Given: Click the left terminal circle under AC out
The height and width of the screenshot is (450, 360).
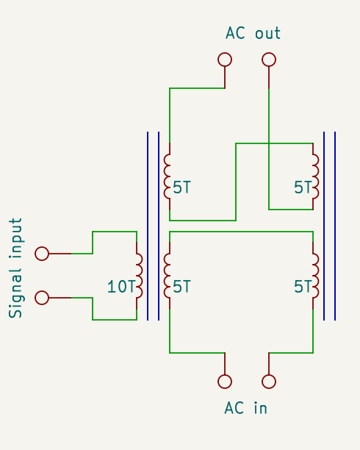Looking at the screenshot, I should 225,60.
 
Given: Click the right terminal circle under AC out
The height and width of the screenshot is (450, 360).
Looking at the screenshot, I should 269,60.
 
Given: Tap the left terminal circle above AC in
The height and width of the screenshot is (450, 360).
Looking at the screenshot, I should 225,381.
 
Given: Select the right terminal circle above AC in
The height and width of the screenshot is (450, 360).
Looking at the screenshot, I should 269,381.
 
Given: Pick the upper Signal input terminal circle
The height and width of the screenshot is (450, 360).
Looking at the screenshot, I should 42,254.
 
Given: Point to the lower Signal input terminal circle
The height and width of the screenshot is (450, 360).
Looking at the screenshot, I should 42,298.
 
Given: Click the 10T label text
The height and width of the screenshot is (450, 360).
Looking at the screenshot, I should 121,287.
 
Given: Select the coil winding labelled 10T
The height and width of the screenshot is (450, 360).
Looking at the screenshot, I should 138,276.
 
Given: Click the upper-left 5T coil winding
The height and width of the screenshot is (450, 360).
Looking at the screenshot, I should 168,176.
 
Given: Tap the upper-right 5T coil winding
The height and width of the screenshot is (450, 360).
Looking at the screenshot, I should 316,176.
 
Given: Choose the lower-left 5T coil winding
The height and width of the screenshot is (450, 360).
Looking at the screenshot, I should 168,276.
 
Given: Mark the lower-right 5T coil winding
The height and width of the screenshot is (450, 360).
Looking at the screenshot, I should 316,276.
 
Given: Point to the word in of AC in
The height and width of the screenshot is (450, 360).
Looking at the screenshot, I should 259,408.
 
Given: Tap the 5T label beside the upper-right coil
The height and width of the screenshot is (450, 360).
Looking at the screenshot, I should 303,187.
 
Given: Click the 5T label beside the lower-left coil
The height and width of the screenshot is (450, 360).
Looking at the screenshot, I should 181,287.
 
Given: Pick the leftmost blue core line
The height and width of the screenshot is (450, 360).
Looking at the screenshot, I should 148,226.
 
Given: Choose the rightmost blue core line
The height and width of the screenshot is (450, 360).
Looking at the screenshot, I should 335,226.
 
